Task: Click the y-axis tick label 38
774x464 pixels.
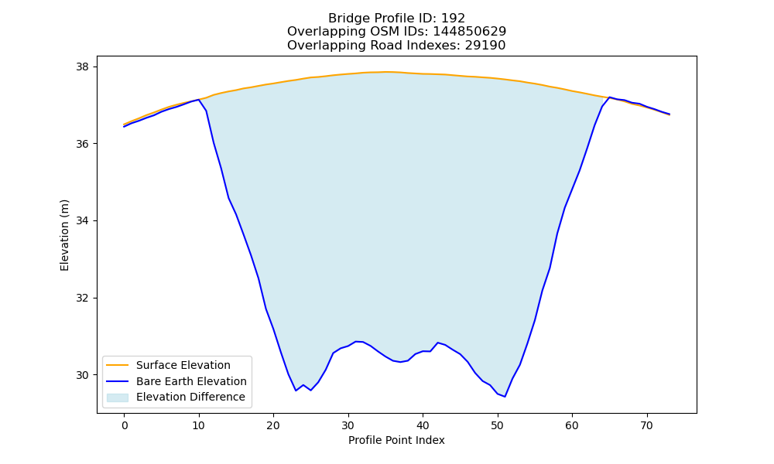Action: tap(84, 67)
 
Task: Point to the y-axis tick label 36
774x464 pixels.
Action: tap(84, 144)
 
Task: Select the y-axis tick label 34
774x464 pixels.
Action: tap(84, 221)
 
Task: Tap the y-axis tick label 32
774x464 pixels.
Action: tap(84, 299)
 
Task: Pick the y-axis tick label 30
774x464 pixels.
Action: tap(84, 375)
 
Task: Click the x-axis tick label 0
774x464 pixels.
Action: tap(125, 425)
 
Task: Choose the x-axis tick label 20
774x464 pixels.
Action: tap(273, 425)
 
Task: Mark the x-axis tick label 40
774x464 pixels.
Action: tap(423, 425)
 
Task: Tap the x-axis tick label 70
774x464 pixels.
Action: tap(646, 425)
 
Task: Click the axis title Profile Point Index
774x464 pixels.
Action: tap(396, 440)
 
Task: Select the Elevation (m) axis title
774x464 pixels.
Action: tap(65, 235)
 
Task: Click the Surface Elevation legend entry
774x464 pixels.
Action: tap(183, 365)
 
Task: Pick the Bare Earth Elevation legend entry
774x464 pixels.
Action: tap(191, 381)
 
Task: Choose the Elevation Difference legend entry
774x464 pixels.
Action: tap(190, 397)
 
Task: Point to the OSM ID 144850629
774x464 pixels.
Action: tap(470, 32)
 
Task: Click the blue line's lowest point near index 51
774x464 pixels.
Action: tap(505, 397)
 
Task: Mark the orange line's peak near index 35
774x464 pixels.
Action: tap(385, 72)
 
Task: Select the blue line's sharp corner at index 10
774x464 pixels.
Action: tap(199, 100)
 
